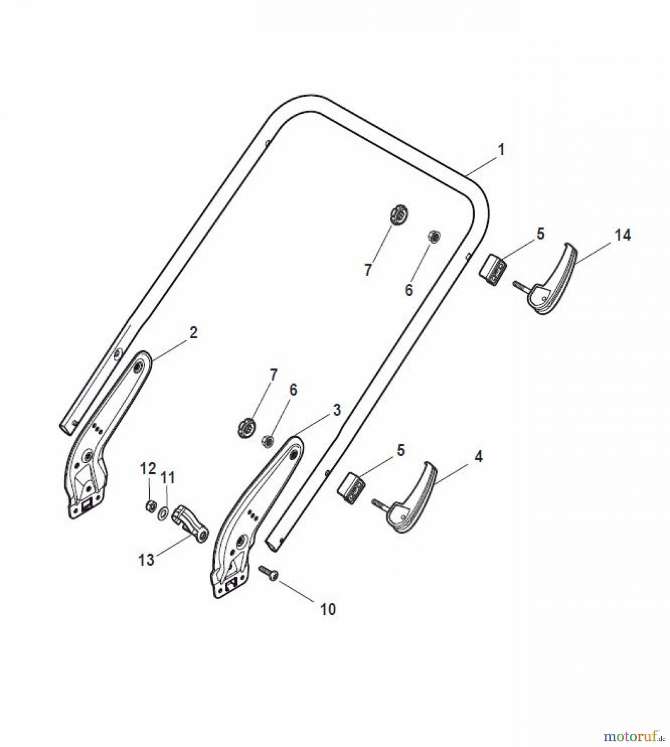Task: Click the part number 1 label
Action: (501, 150)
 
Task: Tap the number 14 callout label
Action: (622, 235)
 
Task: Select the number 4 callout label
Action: (478, 457)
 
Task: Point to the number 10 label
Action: (327, 609)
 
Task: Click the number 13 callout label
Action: (146, 560)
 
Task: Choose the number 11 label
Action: (168, 478)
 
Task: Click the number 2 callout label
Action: (193, 333)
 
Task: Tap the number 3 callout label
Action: (336, 410)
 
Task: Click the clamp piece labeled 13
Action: (191, 524)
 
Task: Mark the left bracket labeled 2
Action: (100, 436)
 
